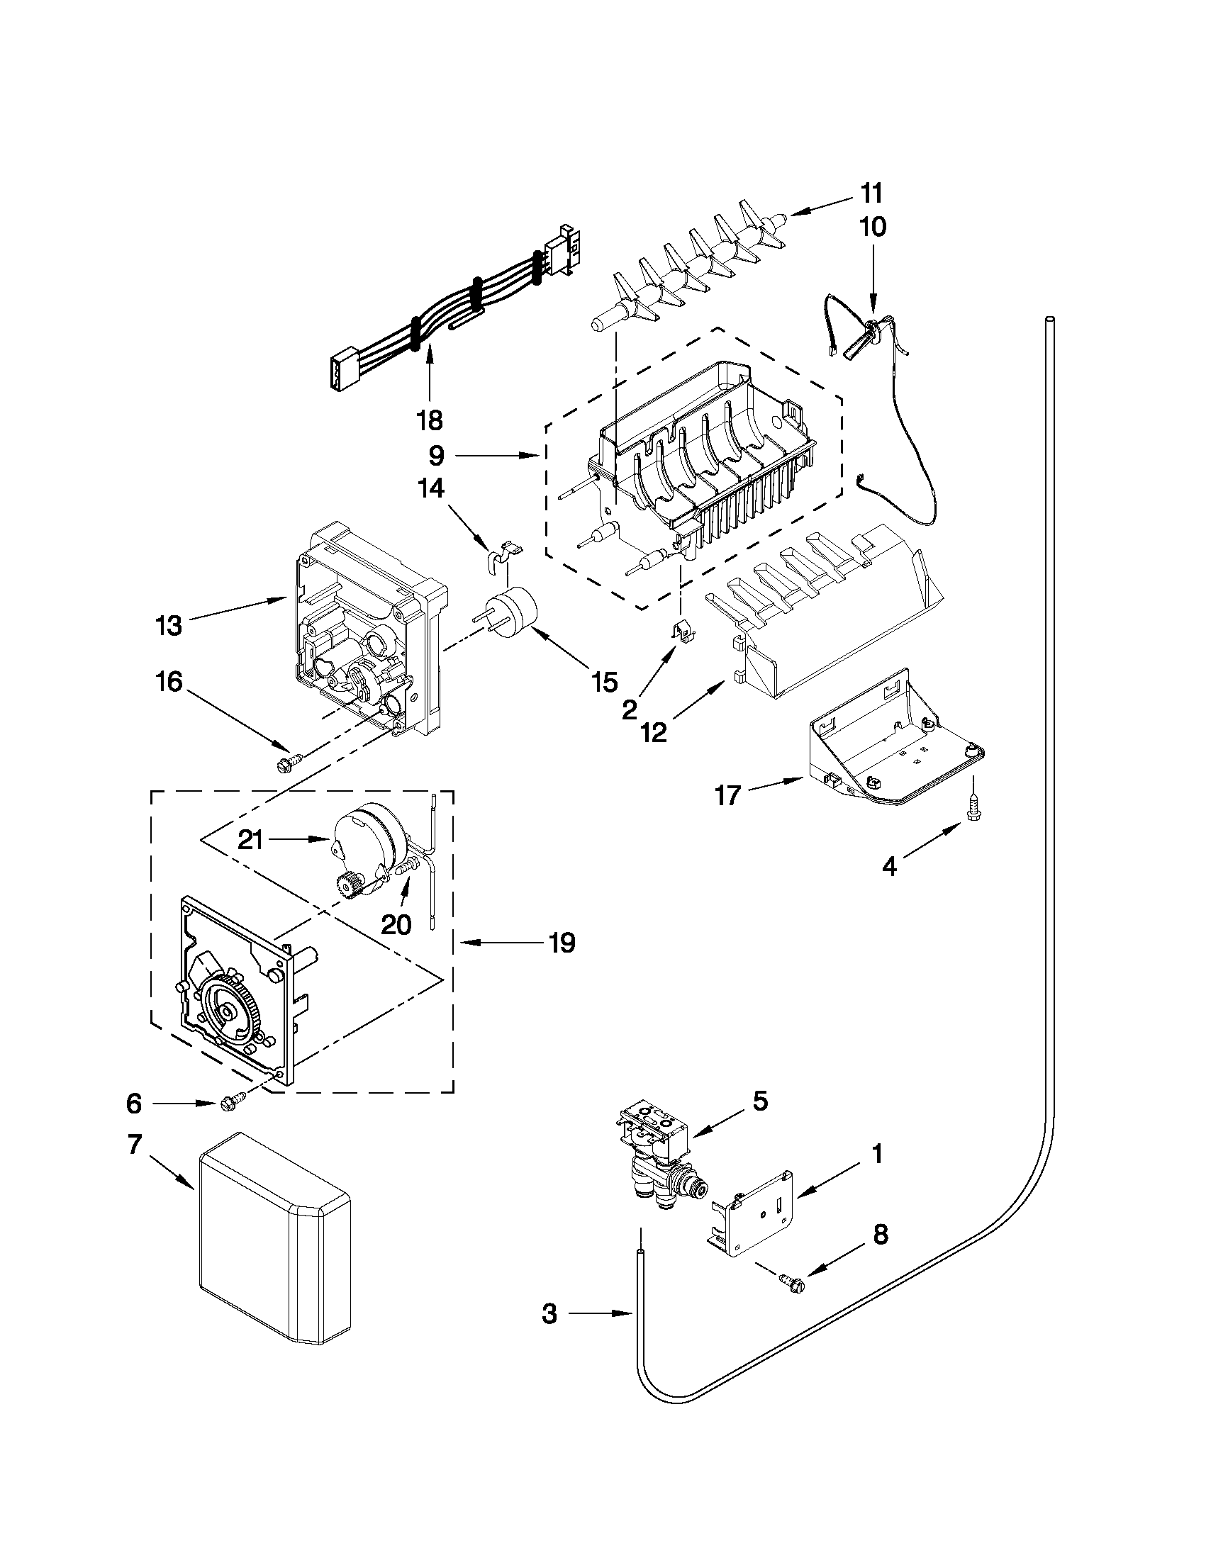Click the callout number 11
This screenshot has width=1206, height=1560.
point(871,193)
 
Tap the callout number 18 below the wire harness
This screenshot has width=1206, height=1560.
point(430,420)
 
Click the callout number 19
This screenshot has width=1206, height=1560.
point(562,943)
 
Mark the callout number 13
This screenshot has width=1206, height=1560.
point(169,626)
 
